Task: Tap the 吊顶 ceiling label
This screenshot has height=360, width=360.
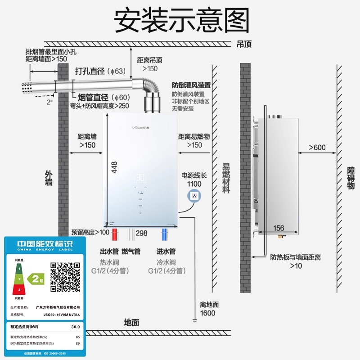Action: click(x=244, y=44)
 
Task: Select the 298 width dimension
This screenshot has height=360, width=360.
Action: click(x=141, y=233)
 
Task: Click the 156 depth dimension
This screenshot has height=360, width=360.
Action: click(x=279, y=228)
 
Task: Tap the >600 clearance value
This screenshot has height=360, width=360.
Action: click(x=317, y=148)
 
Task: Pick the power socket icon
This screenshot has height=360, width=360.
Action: click(x=194, y=196)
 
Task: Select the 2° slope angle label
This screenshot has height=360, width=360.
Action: click(x=49, y=102)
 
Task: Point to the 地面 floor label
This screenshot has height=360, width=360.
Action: click(x=131, y=322)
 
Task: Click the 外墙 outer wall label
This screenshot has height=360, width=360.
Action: click(x=49, y=178)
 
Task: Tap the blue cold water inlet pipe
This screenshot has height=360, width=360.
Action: click(x=165, y=236)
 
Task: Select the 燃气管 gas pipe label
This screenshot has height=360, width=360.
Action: click(x=131, y=251)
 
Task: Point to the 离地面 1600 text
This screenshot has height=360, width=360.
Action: click(x=208, y=309)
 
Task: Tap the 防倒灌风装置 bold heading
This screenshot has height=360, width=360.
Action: click(x=191, y=85)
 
